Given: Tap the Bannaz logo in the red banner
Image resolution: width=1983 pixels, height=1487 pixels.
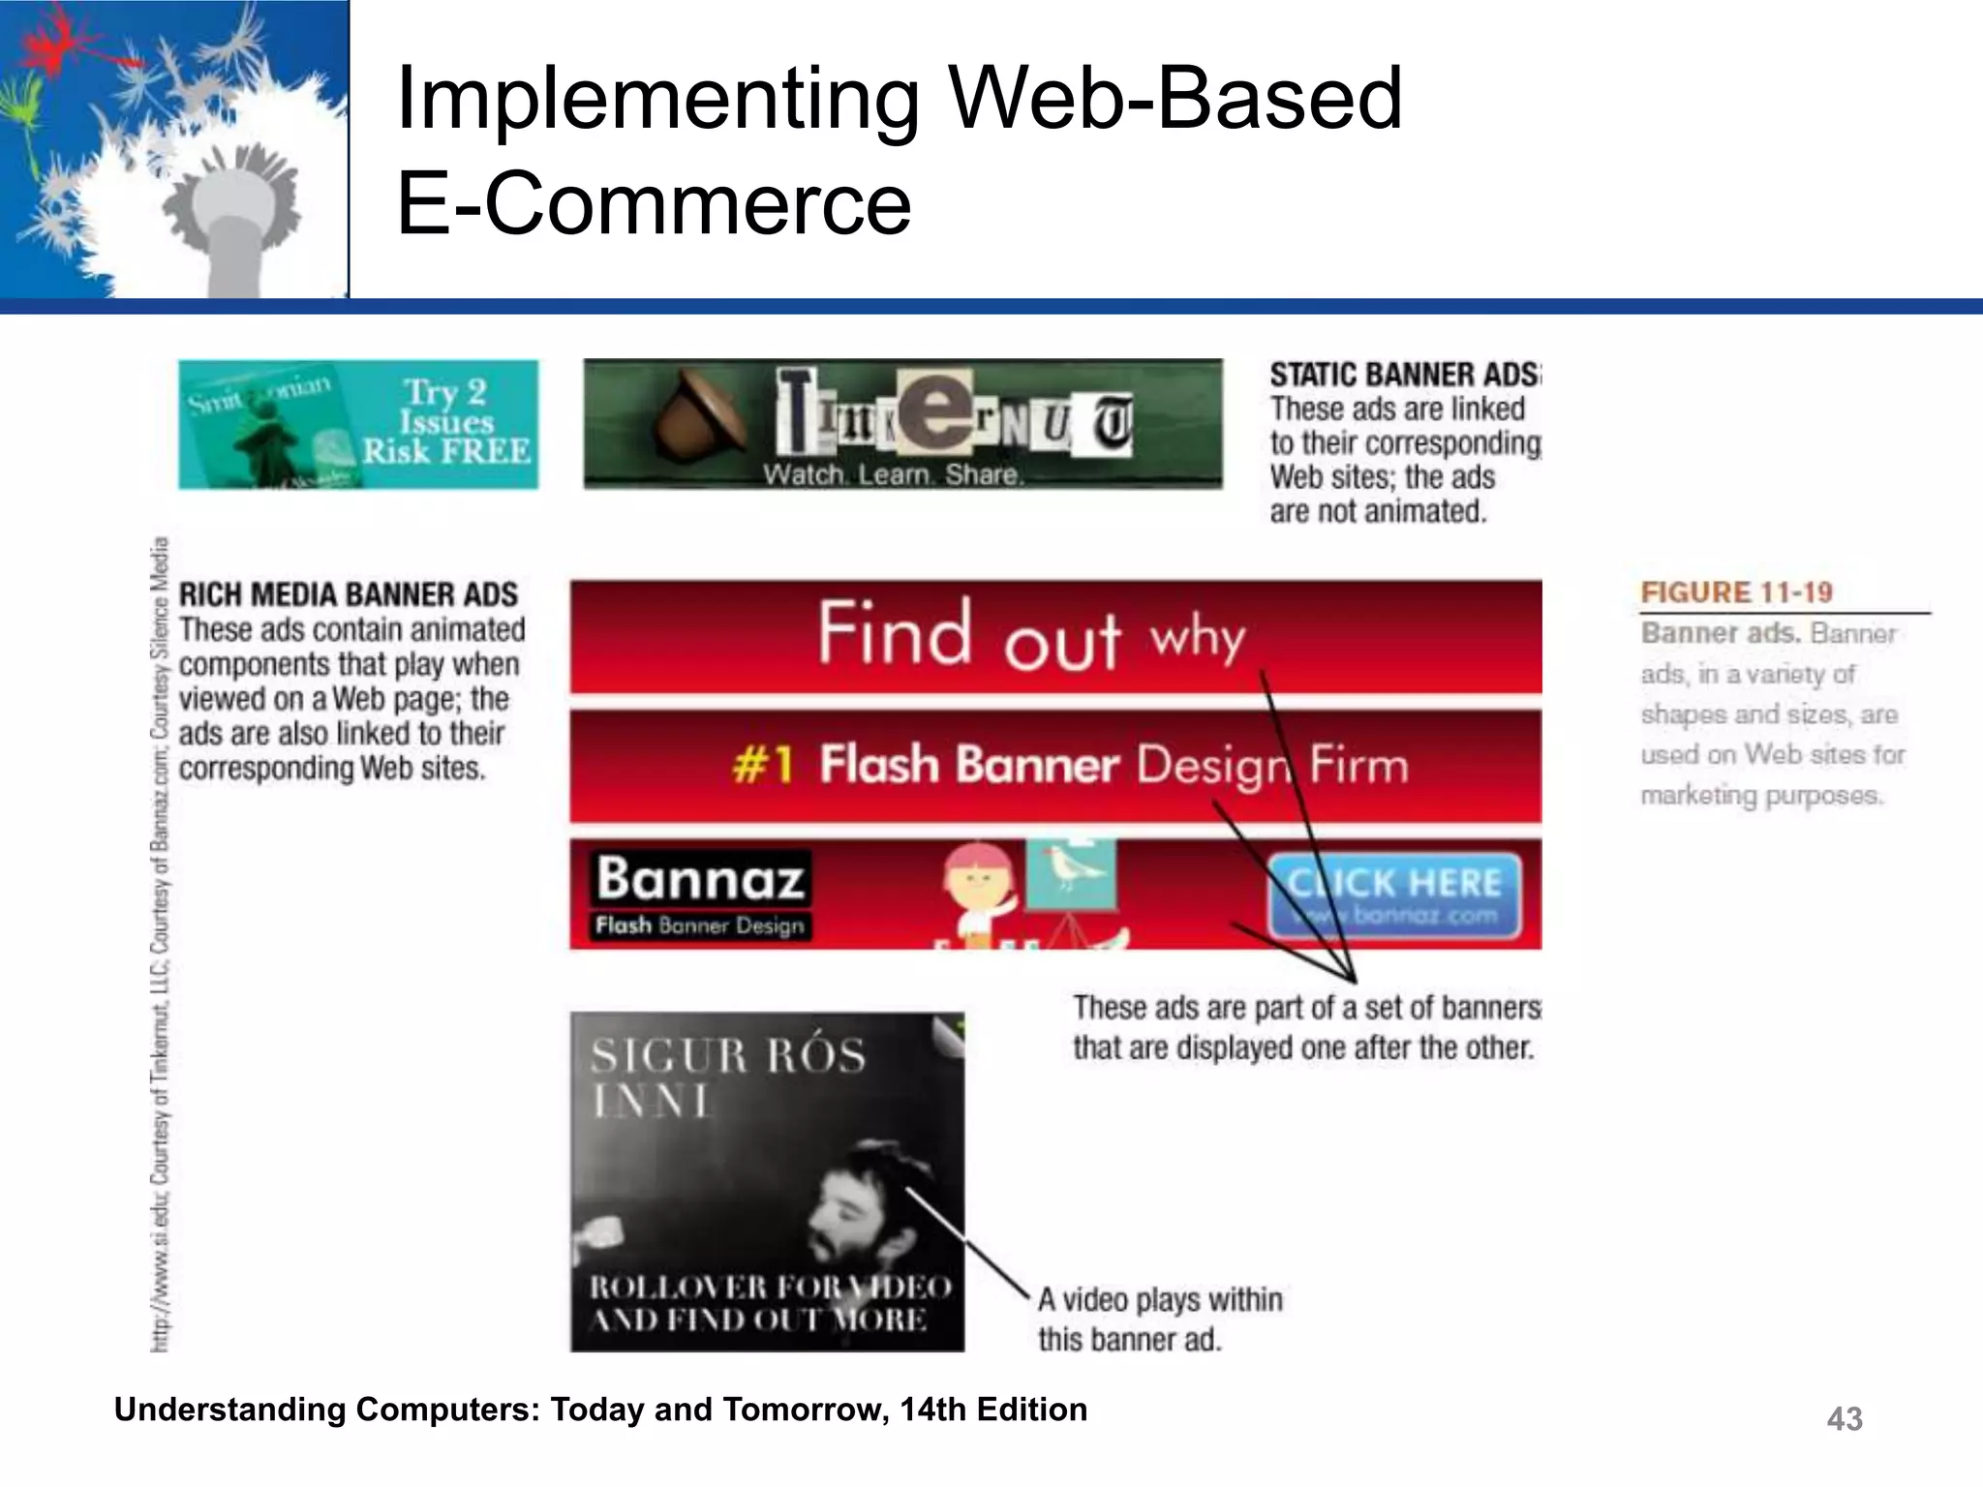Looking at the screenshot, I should [x=700, y=879].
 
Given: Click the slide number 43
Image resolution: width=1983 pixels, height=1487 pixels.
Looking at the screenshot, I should [x=1844, y=1418].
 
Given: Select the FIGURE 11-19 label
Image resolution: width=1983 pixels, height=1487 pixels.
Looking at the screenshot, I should [x=1736, y=592].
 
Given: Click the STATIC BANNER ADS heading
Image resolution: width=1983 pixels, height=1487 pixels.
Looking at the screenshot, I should [x=1404, y=375].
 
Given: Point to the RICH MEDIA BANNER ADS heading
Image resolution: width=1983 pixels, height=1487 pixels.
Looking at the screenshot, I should [x=349, y=593].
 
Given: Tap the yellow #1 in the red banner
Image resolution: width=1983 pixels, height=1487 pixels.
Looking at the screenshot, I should [x=763, y=765].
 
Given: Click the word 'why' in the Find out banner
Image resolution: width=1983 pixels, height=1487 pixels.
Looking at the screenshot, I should [x=1197, y=639].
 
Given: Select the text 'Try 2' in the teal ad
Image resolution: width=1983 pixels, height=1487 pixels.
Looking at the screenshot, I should [x=444, y=392].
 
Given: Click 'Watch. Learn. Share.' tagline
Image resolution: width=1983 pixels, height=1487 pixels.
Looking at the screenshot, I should [x=892, y=474].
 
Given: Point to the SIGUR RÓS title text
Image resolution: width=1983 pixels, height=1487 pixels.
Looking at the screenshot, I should [x=728, y=1055].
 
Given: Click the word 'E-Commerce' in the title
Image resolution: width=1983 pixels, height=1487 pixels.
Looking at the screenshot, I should [x=655, y=203].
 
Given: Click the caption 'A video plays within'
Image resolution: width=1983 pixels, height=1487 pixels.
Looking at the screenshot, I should [x=1160, y=1299].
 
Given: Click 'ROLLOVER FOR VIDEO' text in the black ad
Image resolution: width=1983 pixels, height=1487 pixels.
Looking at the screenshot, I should [x=771, y=1287].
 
